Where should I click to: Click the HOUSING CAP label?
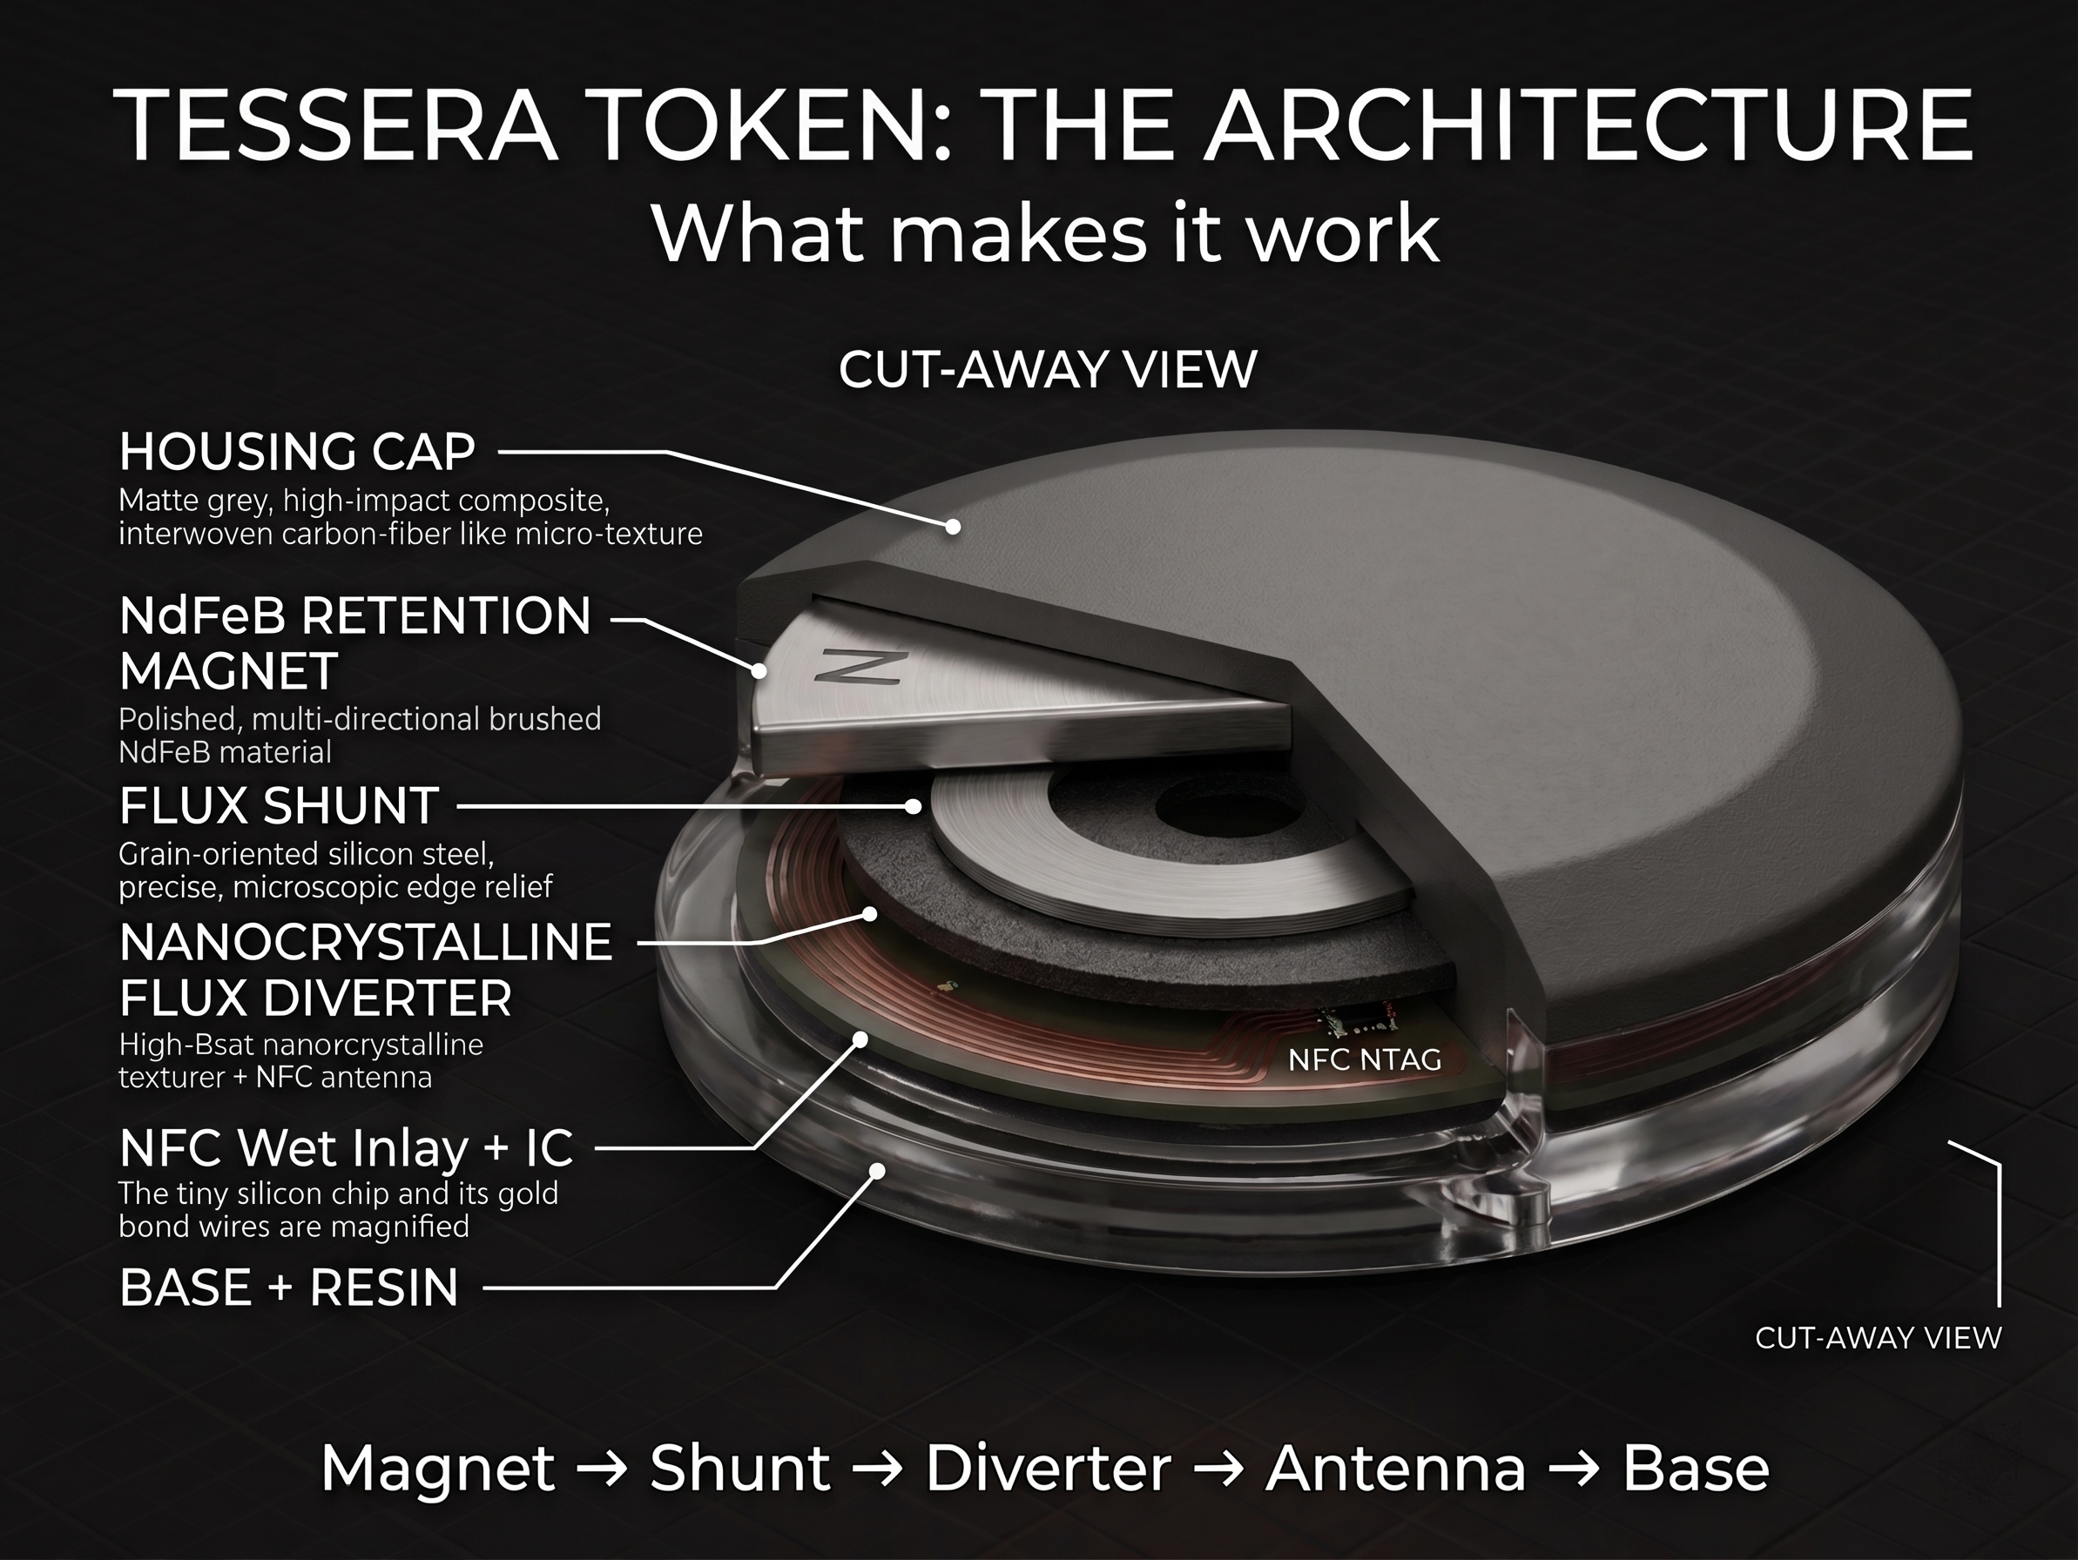[297, 452]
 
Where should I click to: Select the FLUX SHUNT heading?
[279, 806]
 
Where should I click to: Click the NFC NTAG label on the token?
[1364, 1059]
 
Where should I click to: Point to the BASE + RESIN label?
[289, 1287]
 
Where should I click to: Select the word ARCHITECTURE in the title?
[1588, 126]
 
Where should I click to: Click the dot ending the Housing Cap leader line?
[953, 527]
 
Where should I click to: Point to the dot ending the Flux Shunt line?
[913, 806]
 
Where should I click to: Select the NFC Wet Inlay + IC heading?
[346, 1147]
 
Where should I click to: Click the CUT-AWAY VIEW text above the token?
[1048, 369]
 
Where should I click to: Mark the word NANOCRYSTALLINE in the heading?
[367, 942]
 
